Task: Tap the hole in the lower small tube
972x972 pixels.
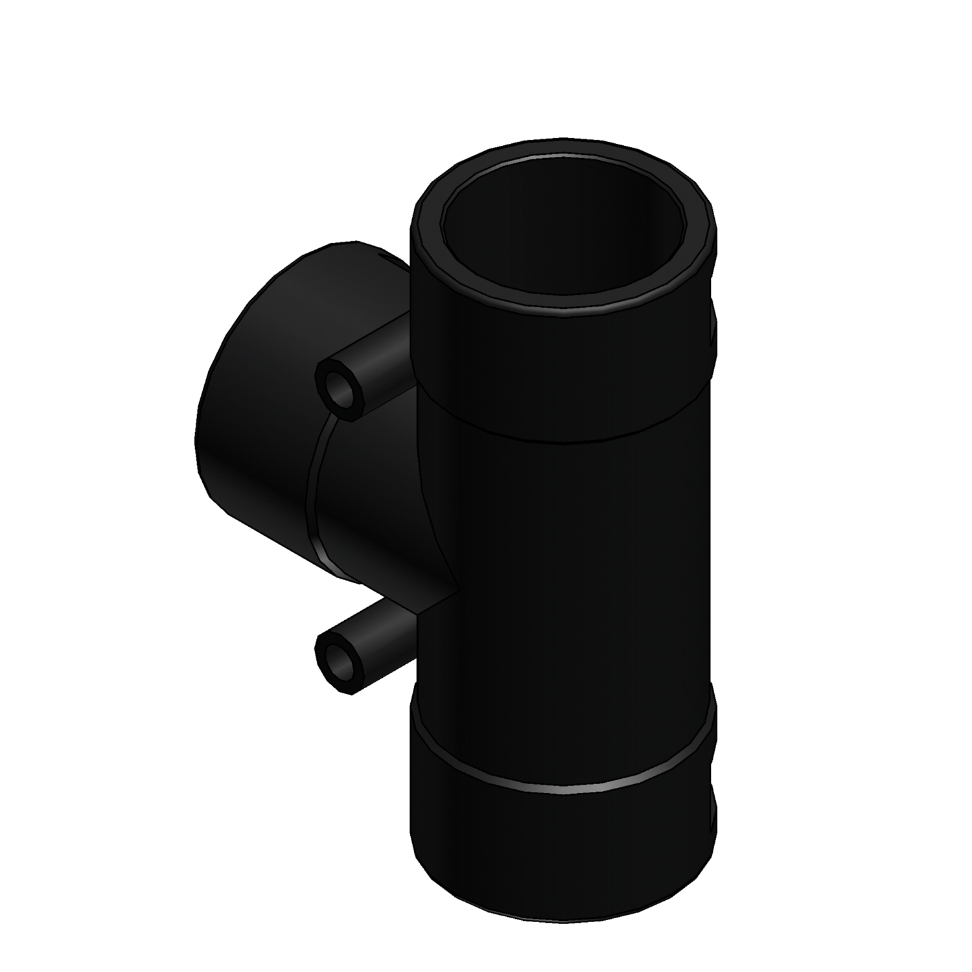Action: tap(336, 665)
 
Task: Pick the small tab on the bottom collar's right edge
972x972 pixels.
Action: tap(714, 813)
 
